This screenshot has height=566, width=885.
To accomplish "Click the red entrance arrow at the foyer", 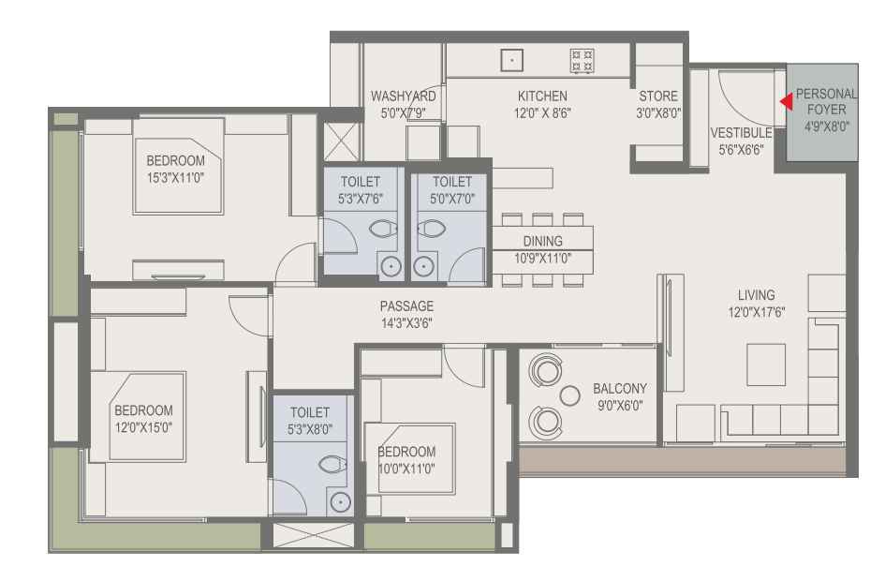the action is click(787, 102).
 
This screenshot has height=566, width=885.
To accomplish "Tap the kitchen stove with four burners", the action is click(582, 60).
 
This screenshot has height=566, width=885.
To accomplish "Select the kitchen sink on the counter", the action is click(512, 60).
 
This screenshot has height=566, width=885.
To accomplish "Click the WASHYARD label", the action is click(403, 96).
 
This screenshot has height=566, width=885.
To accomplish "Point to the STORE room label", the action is click(658, 96).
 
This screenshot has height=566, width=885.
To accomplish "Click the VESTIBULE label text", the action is click(741, 133).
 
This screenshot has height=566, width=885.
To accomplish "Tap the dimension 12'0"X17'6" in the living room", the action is click(757, 312).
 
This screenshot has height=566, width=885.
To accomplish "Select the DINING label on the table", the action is click(542, 241).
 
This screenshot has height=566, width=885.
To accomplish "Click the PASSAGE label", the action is click(406, 306).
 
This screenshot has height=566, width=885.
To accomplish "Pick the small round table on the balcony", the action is click(569, 396).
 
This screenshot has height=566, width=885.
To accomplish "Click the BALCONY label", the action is click(620, 389).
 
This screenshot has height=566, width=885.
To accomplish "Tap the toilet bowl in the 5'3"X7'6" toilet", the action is click(383, 229).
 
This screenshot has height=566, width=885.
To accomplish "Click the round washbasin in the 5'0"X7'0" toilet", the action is click(422, 267).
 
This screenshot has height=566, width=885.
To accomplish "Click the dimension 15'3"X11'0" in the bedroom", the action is click(175, 178).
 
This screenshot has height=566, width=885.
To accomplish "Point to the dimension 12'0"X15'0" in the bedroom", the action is click(143, 427).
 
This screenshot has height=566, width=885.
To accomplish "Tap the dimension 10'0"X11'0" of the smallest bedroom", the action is click(406, 469).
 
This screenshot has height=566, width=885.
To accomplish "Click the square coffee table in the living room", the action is click(766, 365).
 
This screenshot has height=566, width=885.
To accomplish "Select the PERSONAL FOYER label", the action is click(826, 102).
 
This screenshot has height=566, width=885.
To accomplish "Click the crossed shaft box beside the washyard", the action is click(341, 141).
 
